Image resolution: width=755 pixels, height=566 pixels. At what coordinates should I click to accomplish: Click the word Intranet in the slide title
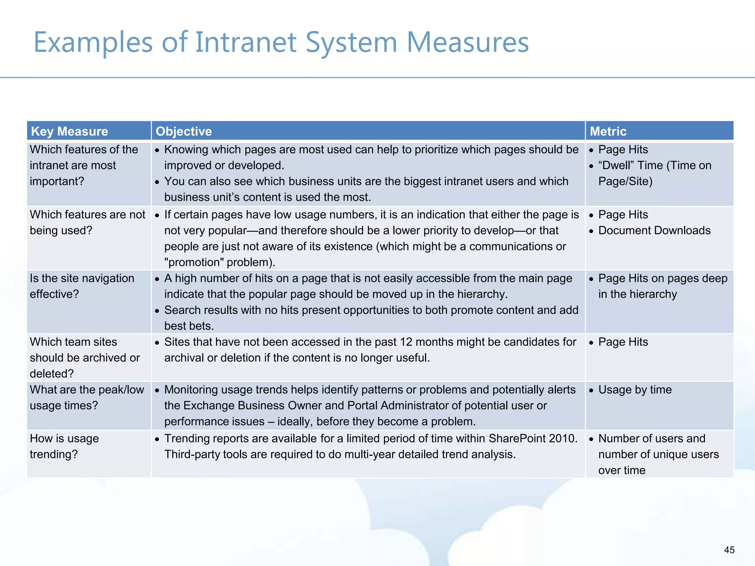click(246, 42)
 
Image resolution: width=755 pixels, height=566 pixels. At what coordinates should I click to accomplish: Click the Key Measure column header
click(69, 131)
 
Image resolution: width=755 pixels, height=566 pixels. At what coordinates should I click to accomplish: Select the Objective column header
click(184, 131)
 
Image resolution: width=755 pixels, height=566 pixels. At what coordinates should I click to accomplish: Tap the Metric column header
click(608, 131)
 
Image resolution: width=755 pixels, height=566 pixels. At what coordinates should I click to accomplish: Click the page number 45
click(729, 550)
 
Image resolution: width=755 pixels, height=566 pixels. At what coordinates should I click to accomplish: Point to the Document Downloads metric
click(654, 231)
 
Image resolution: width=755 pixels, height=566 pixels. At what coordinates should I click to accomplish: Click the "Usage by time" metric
click(634, 390)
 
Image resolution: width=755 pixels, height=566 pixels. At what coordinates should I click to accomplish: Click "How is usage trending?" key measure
click(65, 446)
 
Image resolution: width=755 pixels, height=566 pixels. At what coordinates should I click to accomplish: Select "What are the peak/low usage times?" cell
click(87, 398)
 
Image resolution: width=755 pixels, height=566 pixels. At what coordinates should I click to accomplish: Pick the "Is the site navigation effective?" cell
click(82, 286)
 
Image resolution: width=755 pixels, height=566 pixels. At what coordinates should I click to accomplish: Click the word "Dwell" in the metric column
click(616, 165)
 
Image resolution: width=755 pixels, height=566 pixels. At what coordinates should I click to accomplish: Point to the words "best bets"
click(189, 326)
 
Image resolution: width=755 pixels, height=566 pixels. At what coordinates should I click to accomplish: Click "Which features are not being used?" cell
click(87, 223)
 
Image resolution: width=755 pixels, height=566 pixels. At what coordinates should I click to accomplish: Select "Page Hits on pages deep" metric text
click(662, 279)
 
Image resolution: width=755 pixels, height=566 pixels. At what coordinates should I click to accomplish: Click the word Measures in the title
click(467, 42)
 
